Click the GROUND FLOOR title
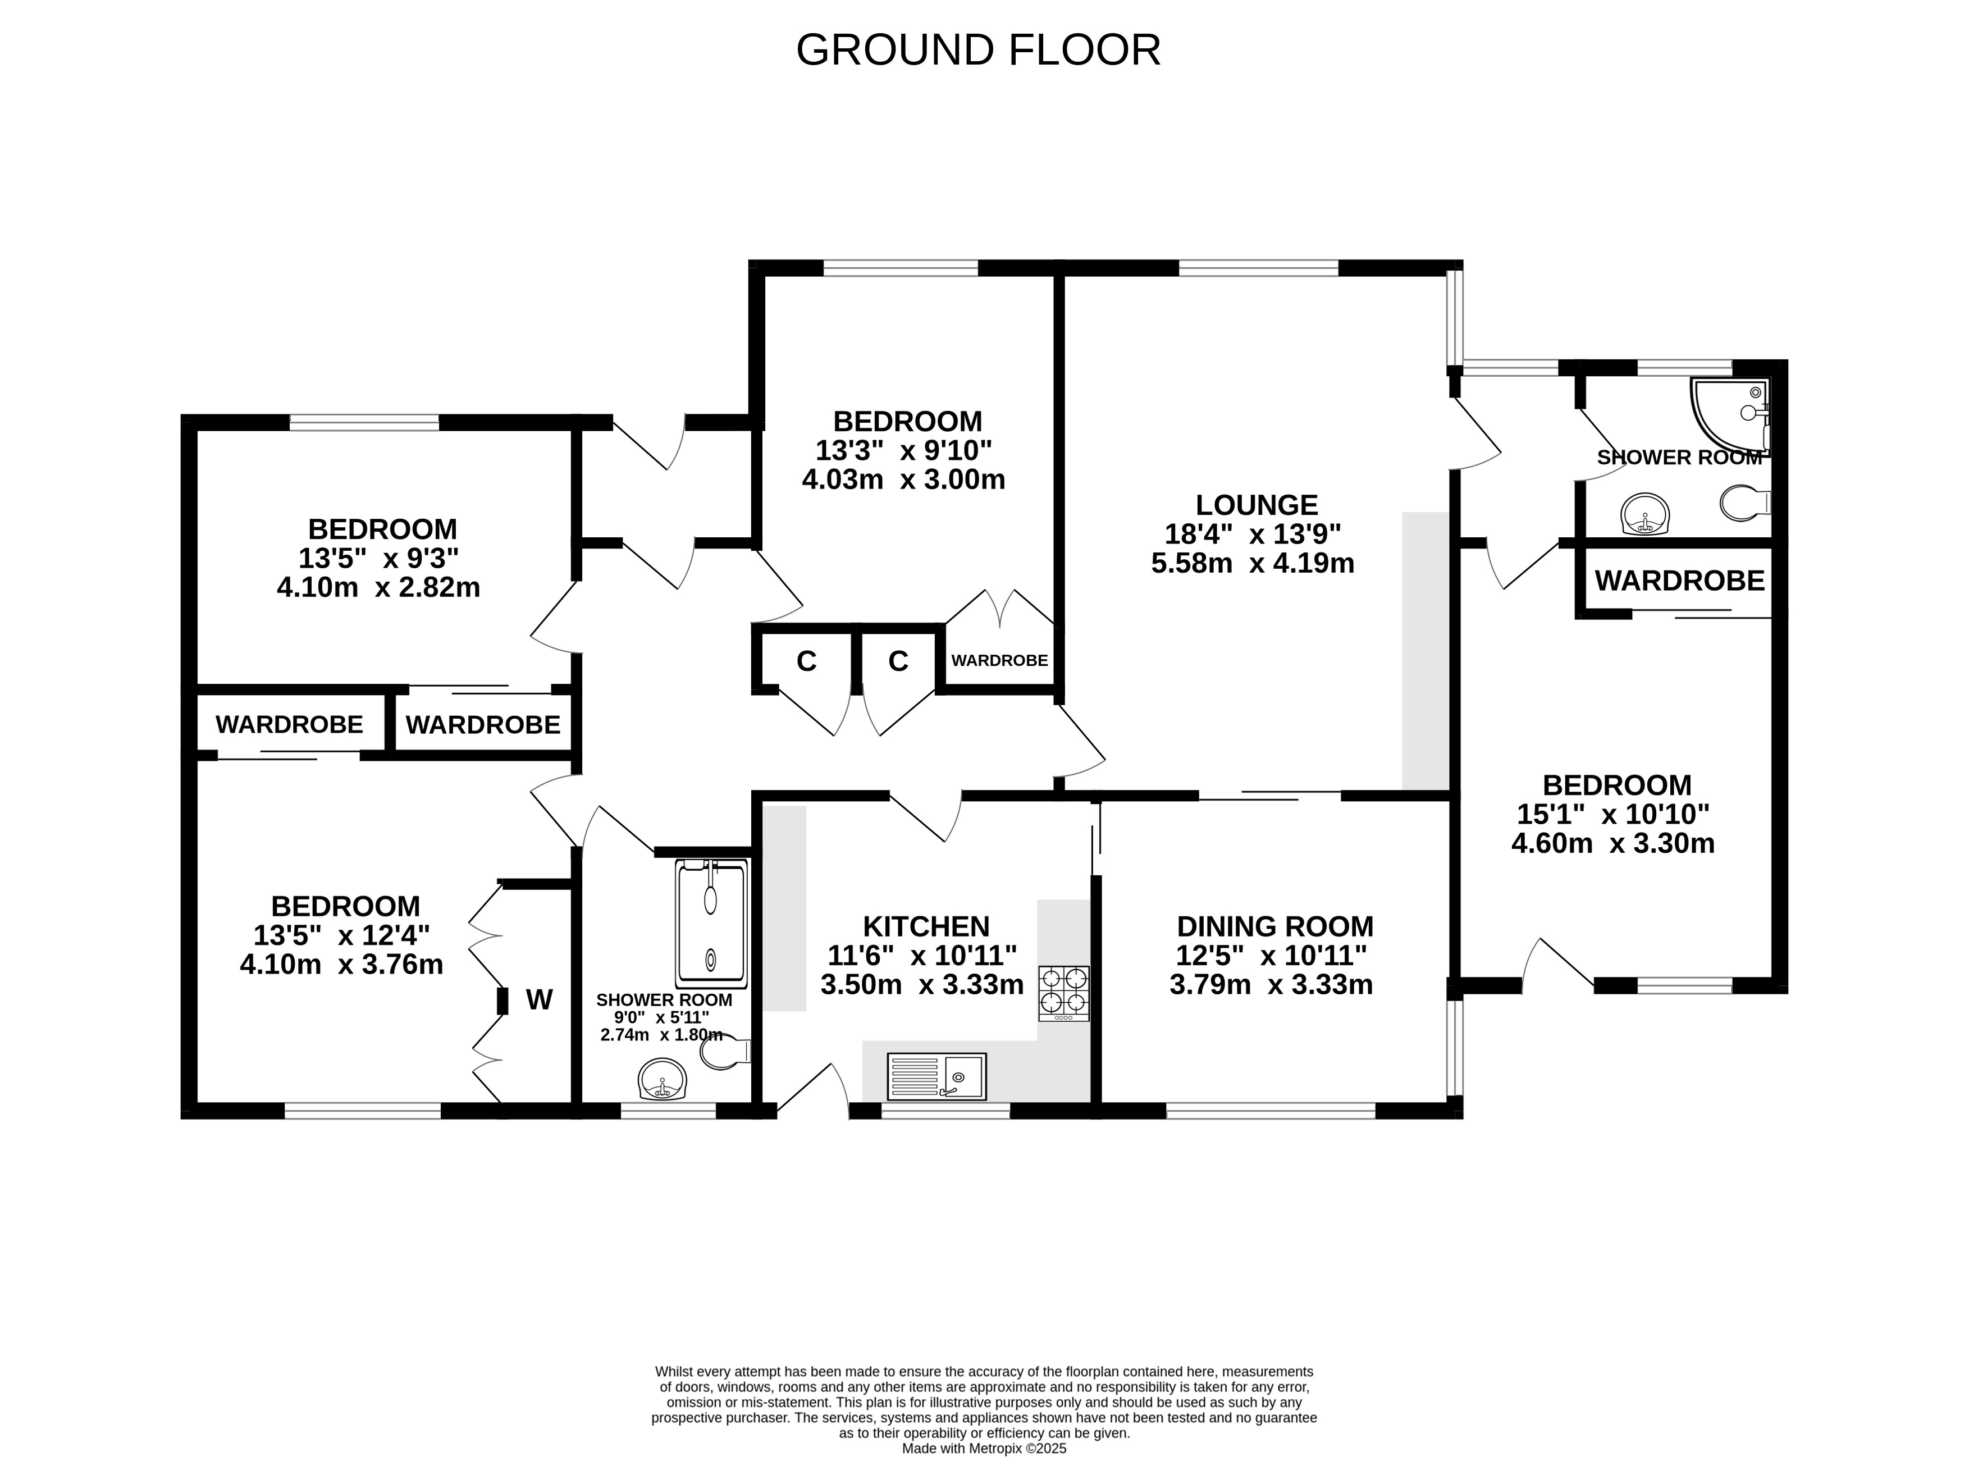tap(978, 51)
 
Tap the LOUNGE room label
tap(1257, 505)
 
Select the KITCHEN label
tap(926, 927)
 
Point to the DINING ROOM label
tap(1275, 927)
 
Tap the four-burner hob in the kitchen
tap(1065, 993)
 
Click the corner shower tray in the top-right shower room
tap(1729, 414)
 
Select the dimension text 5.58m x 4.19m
tap(1253, 563)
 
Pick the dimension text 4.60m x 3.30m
tap(1613, 843)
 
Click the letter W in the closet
tap(540, 999)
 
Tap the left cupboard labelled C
tap(806, 661)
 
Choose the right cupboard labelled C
tap(898, 661)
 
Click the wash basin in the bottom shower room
tap(661, 1080)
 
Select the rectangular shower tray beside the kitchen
tap(711, 924)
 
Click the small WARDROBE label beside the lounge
tap(999, 661)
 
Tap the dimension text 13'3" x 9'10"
tap(904, 451)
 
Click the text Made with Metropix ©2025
tap(984, 1448)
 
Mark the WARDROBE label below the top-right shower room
tap(1680, 581)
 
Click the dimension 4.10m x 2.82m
tap(378, 587)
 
